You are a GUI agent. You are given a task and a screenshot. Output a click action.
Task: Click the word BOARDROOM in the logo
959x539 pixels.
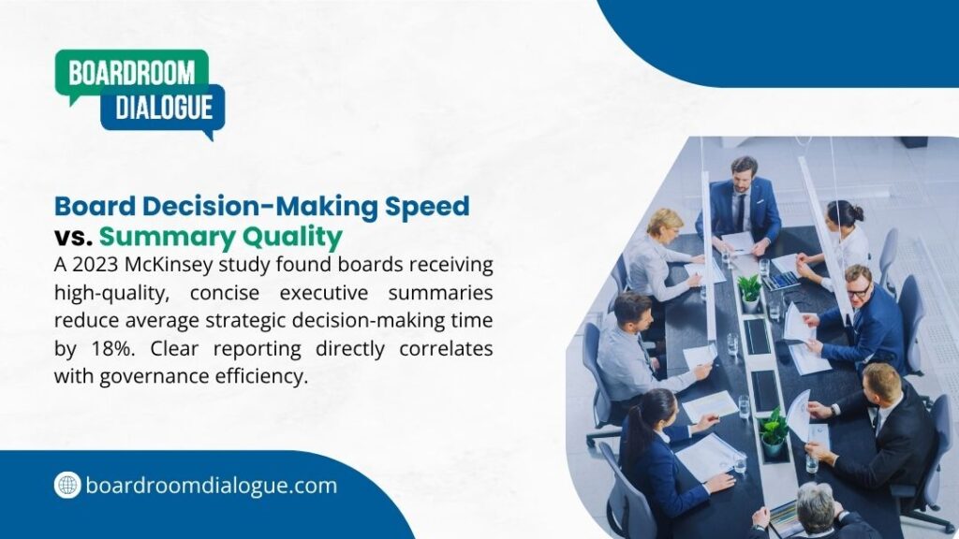(131, 74)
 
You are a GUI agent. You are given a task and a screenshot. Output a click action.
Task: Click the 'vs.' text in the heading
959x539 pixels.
(73, 234)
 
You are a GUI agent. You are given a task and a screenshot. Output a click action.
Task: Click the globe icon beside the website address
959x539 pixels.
(67, 485)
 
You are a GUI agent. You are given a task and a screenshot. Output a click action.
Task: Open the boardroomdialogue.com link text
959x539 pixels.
(211, 486)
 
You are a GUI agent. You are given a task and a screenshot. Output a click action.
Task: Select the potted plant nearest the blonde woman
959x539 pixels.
(749, 290)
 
